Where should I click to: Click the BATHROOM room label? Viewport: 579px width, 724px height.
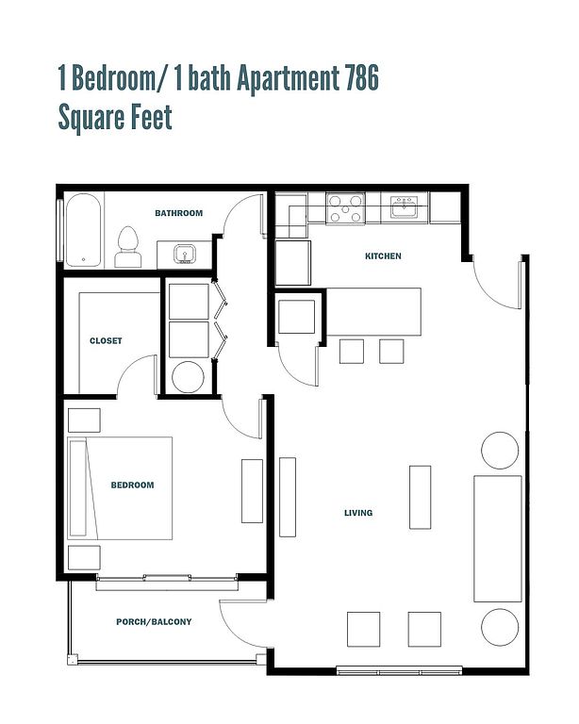pos(178,213)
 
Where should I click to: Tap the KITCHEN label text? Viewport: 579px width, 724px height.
pos(383,256)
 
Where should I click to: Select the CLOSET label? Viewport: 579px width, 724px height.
pos(106,340)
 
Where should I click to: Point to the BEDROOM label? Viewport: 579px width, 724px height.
pos(132,485)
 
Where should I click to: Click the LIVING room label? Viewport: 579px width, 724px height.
pos(358,513)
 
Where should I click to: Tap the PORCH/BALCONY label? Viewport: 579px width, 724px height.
pos(154,622)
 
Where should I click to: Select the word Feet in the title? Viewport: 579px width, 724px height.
pos(151,117)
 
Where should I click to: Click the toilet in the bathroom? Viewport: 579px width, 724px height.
pos(128,247)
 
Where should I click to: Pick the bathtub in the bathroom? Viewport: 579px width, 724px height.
pos(83,230)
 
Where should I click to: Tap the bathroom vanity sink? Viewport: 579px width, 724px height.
pos(185,254)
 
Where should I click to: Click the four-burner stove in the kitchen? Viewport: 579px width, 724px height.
pos(345,208)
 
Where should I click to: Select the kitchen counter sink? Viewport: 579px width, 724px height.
pos(404,206)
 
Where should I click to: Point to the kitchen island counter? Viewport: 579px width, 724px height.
pos(374,312)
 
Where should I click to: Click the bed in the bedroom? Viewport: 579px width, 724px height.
pos(120,488)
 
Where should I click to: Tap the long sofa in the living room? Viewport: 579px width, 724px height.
pos(498,539)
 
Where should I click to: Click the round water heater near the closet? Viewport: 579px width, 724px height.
pos(188,377)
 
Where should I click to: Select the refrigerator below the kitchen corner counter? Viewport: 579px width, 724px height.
pos(293,263)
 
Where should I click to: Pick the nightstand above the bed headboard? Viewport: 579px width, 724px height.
pos(84,420)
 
